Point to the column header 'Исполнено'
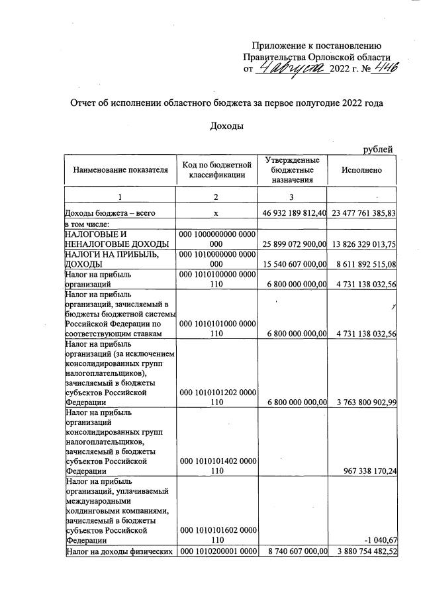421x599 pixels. point(361,170)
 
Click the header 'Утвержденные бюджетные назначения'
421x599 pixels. point(292,170)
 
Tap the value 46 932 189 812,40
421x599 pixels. point(292,214)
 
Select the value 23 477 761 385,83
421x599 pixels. point(361,214)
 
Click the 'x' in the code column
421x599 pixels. point(216,214)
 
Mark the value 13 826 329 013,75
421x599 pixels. point(361,244)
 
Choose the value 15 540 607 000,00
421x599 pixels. point(292,263)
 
